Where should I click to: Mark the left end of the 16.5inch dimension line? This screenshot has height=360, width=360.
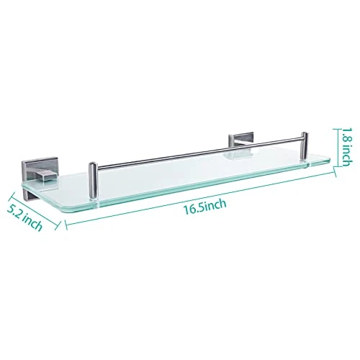66,225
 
